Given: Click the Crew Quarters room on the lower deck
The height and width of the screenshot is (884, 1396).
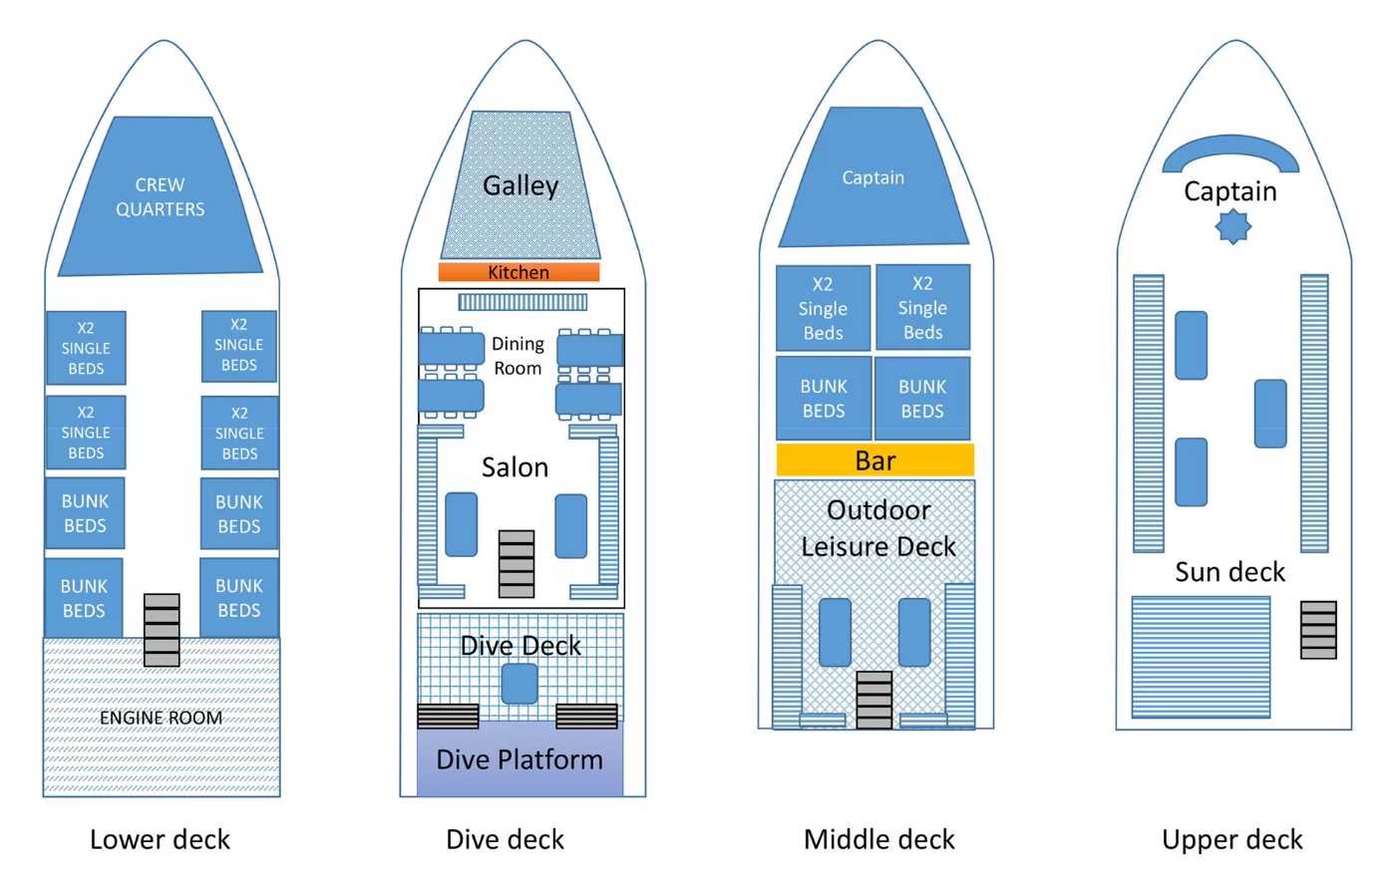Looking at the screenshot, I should tap(160, 197).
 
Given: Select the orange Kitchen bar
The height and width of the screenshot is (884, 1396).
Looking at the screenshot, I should tap(519, 272).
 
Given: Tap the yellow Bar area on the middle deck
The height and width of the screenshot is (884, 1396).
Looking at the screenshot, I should tap(874, 460).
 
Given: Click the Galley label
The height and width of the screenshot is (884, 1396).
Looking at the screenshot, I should tap(521, 185).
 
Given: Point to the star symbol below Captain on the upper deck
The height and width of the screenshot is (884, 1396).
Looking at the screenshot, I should tap(1233, 227).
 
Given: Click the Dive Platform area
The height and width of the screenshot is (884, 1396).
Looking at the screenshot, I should tap(520, 759).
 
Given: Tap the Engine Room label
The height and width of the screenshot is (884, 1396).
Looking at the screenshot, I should tap(161, 718).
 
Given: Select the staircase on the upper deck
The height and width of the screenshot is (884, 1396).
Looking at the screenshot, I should tap(1318, 630).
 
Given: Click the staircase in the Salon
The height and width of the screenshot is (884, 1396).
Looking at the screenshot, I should tap(517, 564).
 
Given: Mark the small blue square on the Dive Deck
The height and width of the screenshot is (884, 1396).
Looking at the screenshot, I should tap(520, 685).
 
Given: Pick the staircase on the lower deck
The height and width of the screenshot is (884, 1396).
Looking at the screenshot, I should tap(162, 630).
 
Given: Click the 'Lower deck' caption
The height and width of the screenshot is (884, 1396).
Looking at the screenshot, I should tap(160, 839).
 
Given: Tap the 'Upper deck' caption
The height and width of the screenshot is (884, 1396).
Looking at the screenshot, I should tap(1231, 839).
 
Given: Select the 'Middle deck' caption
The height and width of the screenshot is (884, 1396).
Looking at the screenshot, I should tap(878, 839).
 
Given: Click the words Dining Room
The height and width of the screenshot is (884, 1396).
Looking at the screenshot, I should tap(518, 356).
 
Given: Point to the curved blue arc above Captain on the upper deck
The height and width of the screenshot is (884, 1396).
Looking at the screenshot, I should tap(1230, 151).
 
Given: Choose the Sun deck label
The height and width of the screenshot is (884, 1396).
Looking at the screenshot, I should tap(1229, 571).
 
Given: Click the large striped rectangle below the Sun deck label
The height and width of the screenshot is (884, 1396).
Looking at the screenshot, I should tap(1201, 657).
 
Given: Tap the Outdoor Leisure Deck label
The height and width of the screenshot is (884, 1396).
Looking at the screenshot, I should tap(878, 528).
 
